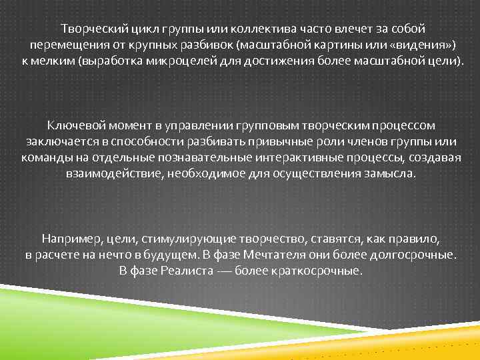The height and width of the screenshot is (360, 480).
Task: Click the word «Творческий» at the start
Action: click(89, 29)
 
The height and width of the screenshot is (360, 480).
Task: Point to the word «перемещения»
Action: click(63, 45)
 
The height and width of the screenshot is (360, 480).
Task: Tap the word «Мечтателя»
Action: click(280, 254)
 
